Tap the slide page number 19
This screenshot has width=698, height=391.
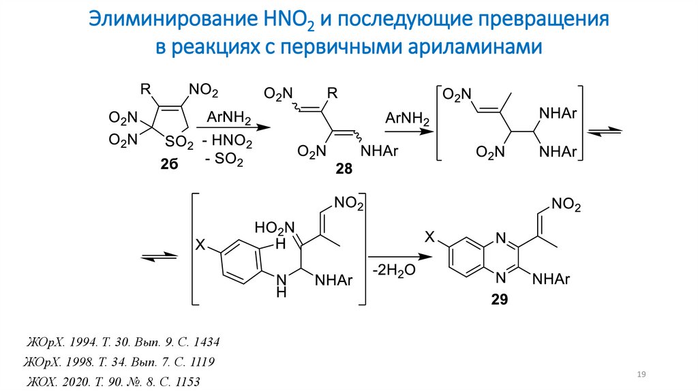(641, 375)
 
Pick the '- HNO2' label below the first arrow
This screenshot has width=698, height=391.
(228, 143)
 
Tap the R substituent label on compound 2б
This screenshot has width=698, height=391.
(145, 89)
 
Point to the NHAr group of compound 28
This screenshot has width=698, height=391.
(379, 152)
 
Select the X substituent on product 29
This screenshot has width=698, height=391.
(430, 236)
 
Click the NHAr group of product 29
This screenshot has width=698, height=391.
(549, 279)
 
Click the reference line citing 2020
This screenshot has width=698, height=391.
(114, 381)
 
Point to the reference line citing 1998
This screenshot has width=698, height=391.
(120, 361)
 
